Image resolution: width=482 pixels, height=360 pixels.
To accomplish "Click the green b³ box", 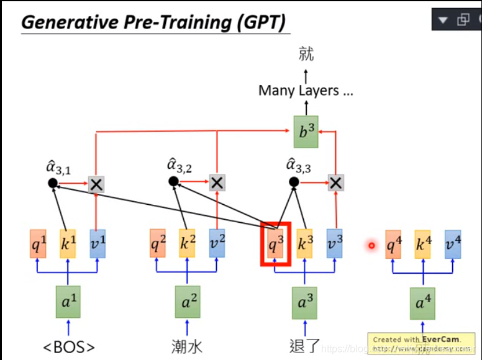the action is (x=306, y=132).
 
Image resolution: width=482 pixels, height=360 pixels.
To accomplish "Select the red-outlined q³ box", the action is (x=275, y=244).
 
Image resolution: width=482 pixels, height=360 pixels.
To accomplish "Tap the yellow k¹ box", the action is (x=67, y=244).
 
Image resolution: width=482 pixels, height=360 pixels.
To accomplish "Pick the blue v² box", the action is (x=217, y=244).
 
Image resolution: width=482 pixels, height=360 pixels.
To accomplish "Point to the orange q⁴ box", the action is (x=393, y=244).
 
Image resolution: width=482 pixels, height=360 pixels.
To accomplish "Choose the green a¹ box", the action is (x=68, y=303).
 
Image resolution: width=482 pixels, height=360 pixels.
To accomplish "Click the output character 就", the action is (x=306, y=54).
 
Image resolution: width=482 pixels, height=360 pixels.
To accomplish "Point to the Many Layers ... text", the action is (x=306, y=91).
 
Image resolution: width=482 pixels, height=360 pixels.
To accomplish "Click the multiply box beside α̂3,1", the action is (x=96, y=184).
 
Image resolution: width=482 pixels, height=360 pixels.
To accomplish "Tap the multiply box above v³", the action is (x=335, y=182).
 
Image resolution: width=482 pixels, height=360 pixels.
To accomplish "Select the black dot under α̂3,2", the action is (x=173, y=181).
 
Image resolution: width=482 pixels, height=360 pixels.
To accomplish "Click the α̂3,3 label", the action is (x=299, y=165).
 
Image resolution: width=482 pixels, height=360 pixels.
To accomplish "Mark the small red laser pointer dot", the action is (x=371, y=245).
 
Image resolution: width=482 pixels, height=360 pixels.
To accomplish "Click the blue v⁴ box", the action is (x=453, y=244).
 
